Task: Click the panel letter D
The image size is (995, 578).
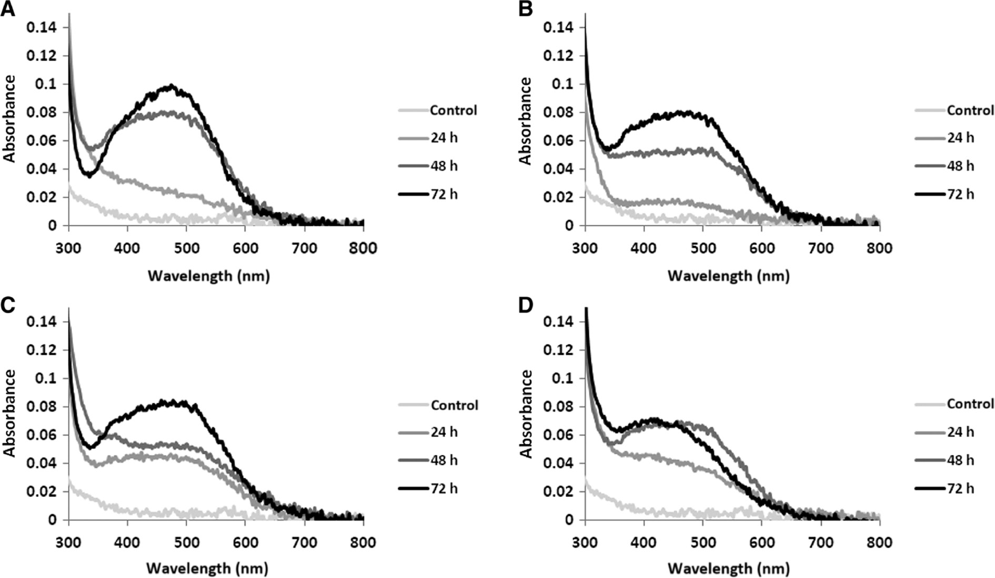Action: [526, 305]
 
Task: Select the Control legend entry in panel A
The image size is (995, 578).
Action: [453, 111]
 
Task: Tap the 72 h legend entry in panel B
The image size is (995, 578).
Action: [960, 194]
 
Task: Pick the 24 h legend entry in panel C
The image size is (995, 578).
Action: [443, 433]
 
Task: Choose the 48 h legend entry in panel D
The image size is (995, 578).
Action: [960, 461]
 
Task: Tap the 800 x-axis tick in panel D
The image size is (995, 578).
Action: [879, 542]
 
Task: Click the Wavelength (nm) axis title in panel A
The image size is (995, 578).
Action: [208, 276]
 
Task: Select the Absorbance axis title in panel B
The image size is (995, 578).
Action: [526, 121]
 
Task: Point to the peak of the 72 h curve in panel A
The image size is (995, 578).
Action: [171, 86]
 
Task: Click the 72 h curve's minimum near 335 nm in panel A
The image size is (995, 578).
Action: [89, 176]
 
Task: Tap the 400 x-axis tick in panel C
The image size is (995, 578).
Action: [127, 542]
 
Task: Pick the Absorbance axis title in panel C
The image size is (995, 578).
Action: [9, 413]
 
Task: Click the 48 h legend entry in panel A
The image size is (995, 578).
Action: [443, 166]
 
